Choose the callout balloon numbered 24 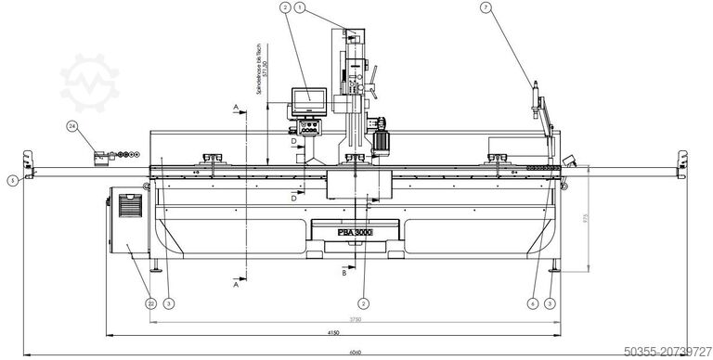click(x=72, y=124)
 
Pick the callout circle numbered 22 click(x=149, y=302)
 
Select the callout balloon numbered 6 click(x=532, y=302)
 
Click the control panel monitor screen click(x=307, y=96)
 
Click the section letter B click(x=344, y=274)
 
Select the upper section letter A click(x=237, y=109)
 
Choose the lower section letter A click(x=237, y=287)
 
